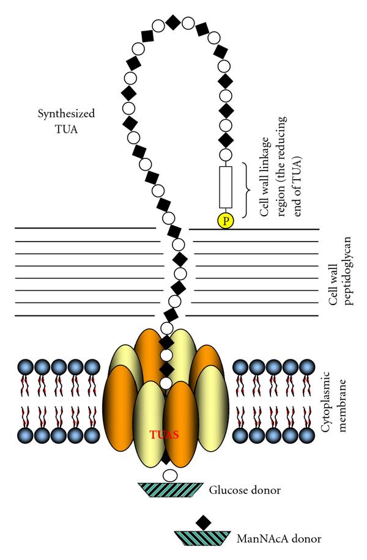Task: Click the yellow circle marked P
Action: click(x=226, y=220)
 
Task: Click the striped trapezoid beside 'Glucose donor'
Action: click(x=171, y=490)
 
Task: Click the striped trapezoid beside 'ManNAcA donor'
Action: click(x=204, y=538)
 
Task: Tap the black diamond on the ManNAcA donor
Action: click(x=204, y=523)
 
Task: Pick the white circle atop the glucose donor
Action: click(x=171, y=474)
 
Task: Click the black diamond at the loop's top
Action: click(x=173, y=23)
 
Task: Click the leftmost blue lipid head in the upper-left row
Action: click(x=25, y=367)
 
